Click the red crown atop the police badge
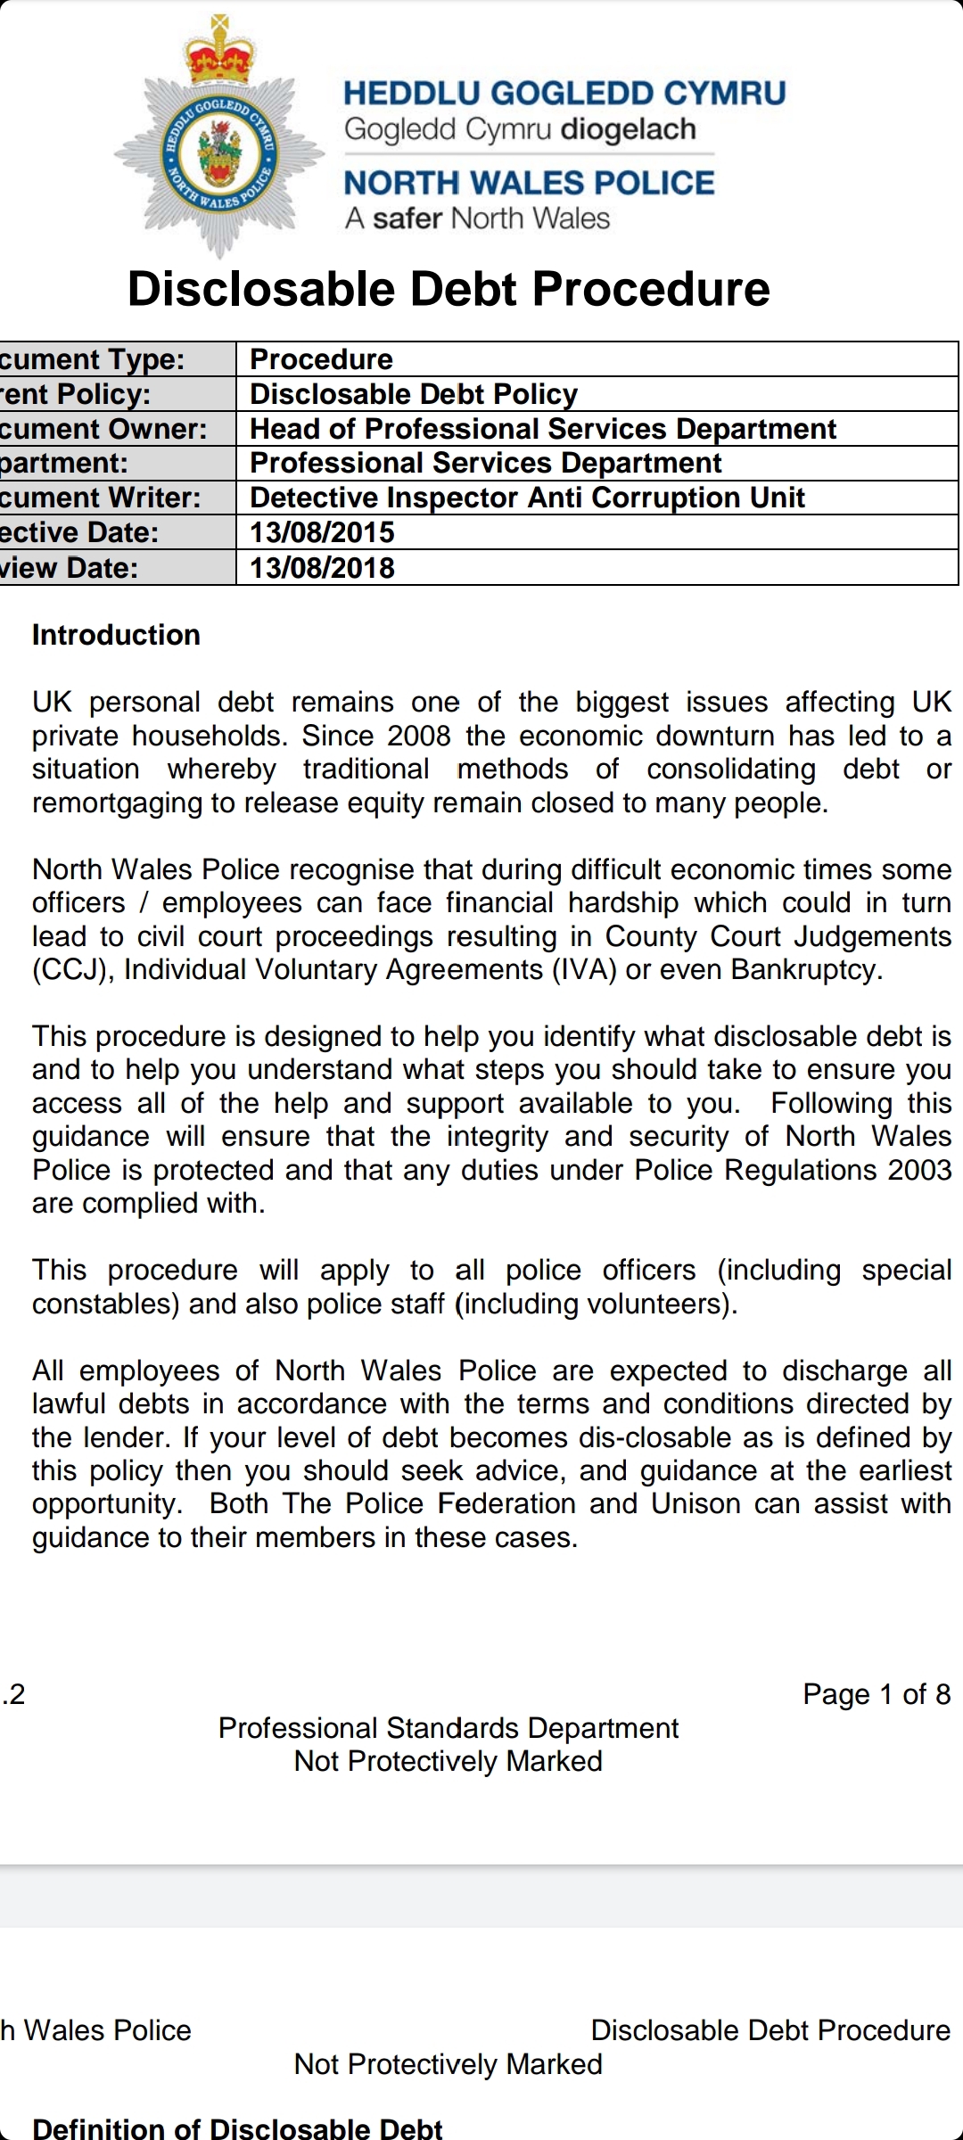pos(219,55)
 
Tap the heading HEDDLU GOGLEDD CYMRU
pos(564,94)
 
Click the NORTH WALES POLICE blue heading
pos(529,183)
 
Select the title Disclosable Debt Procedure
pos(449,289)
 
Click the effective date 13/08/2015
pos(322,532)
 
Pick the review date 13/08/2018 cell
pos(322,568)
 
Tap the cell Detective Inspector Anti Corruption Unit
pos(527,498)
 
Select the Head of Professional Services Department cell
pos(542,429)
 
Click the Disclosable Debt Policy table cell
pos(414,394)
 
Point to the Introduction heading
pos(116,635)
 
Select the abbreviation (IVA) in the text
pos(584,969)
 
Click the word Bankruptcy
pos(806,969)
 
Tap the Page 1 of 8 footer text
pos(876,1694)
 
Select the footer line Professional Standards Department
pos(449,1728)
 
